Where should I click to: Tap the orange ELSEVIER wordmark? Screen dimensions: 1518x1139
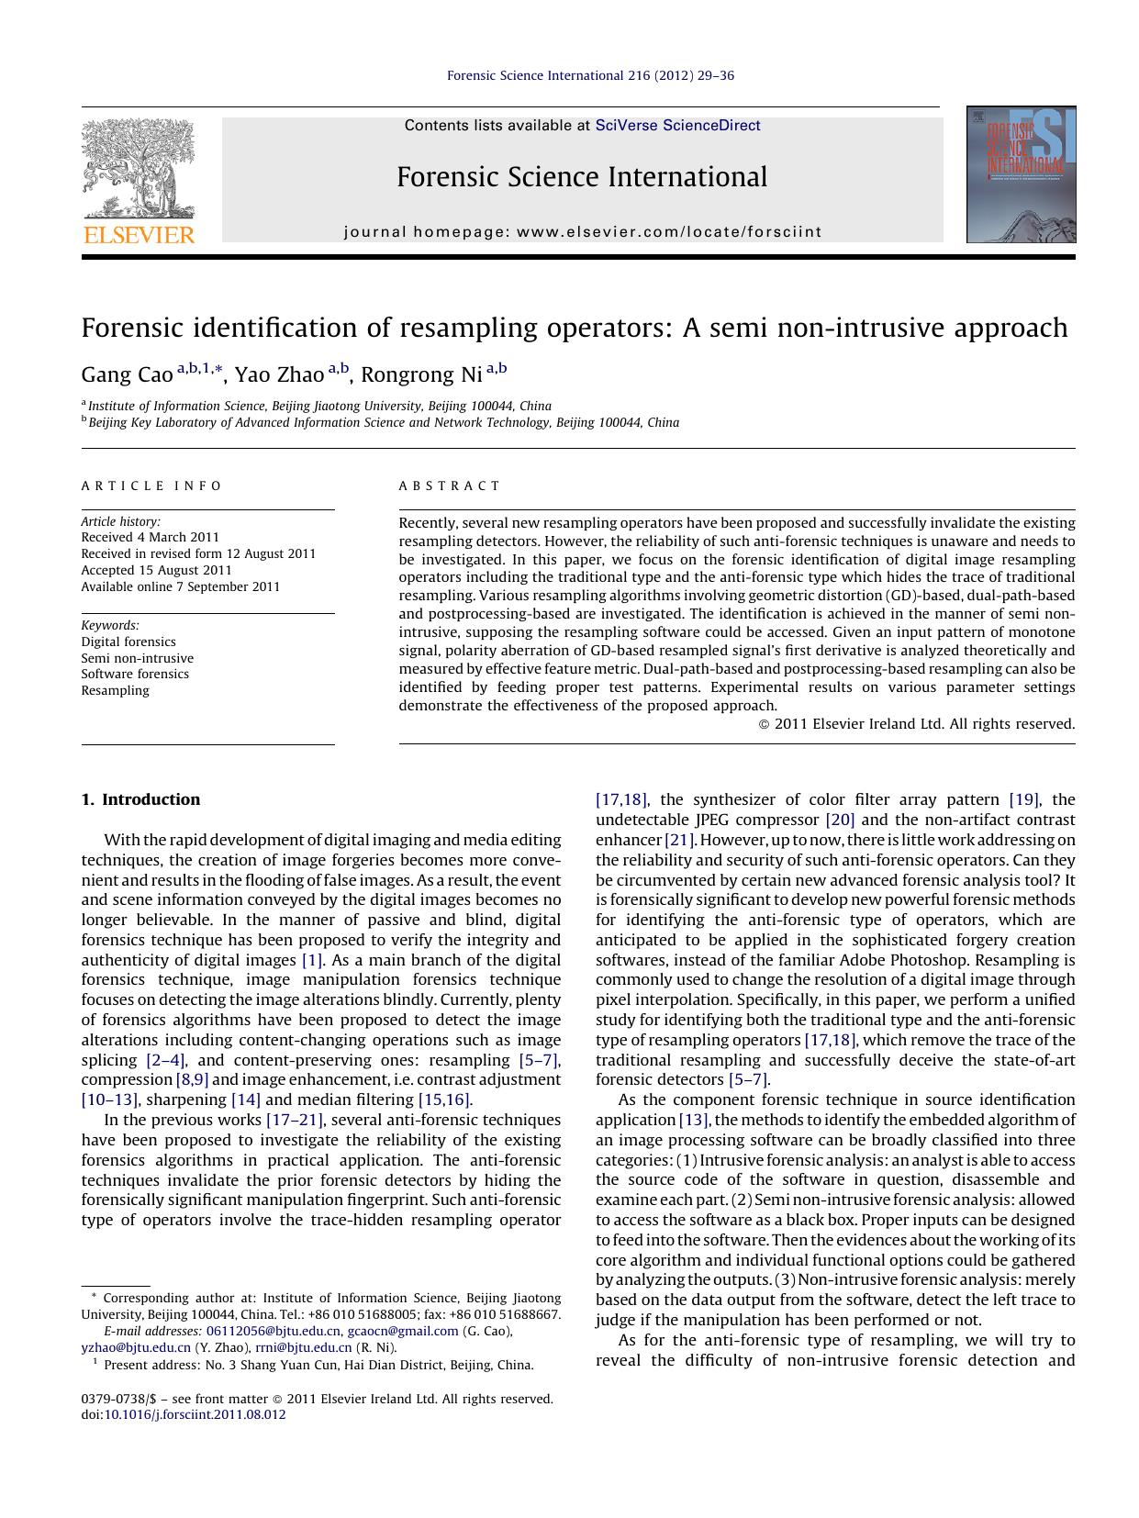(139, 235)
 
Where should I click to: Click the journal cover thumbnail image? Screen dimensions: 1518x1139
(1021, 174)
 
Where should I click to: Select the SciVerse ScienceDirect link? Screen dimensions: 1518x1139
(677, 126)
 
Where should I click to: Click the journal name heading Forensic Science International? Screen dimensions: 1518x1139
(582, 177)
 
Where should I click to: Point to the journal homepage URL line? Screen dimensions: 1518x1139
(582, 232)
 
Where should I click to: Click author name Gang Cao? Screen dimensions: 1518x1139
(127, 375)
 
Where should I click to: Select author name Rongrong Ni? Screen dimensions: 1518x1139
(420, 375)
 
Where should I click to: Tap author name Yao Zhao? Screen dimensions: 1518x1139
(279, 375)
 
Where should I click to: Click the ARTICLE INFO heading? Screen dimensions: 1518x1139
(151, 486)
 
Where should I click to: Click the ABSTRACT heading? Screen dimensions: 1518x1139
(450, 486)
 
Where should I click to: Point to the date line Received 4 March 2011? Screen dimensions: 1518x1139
(151, 538)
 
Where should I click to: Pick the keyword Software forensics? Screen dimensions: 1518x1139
(135, 674)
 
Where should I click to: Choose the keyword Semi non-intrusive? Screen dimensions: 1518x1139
(138, 658)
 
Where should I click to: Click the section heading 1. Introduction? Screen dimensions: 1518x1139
(140, 799)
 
